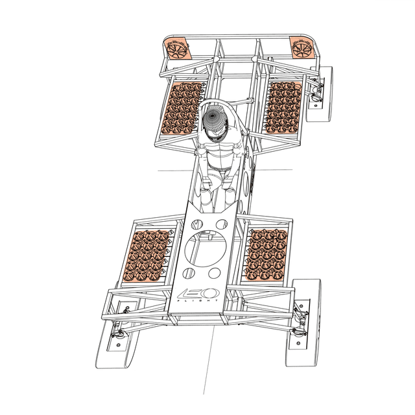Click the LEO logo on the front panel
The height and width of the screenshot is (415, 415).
pos(198,293)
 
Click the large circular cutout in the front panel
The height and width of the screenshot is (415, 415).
pos(206,248)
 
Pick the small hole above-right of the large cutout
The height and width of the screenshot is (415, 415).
pos(222,224)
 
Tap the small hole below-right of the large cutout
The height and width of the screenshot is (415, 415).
pos(215,273)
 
